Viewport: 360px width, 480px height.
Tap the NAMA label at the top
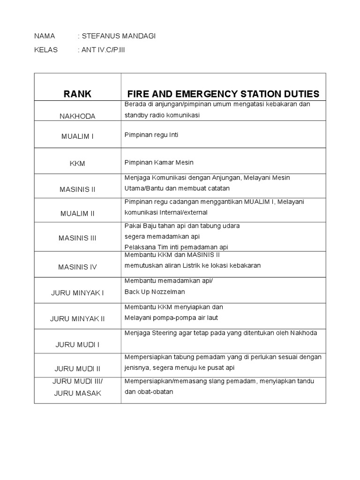click(x=45, y=36)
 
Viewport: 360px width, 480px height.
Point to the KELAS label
click(x=46, y=50)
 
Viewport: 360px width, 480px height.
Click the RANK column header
click(x=77, y=94)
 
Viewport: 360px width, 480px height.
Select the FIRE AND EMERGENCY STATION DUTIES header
click(x=223, y=94)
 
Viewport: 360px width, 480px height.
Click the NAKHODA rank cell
click(x=77, y=116)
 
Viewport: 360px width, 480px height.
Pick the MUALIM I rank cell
click(x=77, y=136)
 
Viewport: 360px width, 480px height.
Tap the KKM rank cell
click(x=77, y=163)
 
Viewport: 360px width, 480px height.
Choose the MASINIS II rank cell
click(x=77, y=189)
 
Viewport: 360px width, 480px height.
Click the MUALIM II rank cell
click(x=77, y=213)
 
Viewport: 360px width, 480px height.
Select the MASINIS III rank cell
click(x=77, y=238)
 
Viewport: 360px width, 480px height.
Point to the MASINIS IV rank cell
click(x=77, y=267)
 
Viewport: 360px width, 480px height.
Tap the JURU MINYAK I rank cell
click(x=77, y=292)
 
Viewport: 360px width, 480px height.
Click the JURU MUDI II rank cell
click(x=77, y=368)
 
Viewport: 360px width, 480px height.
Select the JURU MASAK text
click(x=77, y=393)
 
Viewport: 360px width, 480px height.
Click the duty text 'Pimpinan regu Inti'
click(x=151, y=135)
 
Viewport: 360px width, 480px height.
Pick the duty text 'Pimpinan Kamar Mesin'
click(x=159, y=162)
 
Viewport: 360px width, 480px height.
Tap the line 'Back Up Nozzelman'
click(x=155, y=292)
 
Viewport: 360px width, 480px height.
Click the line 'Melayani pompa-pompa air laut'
click(x=171, y=317)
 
